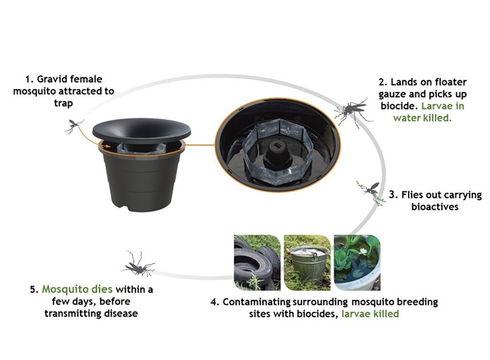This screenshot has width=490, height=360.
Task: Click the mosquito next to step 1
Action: (x=75, y=126)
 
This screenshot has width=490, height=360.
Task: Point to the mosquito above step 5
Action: (x=139, y=262)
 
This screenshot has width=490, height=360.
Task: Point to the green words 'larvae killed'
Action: (x=370, y=314)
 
